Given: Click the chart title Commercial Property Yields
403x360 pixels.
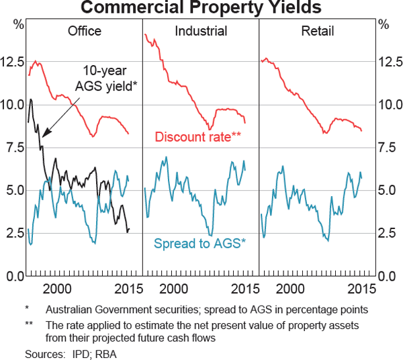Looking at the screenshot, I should [201, 8].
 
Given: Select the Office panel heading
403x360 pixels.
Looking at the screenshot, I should [85, 32].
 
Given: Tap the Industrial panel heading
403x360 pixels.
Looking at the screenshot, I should [201, 32].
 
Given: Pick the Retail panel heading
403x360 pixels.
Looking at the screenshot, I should [318, 32].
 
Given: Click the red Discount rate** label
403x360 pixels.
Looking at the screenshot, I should [198, 136].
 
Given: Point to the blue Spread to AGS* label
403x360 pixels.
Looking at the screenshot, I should [200, 243].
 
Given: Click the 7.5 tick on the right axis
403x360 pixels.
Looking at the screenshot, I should [390, 148].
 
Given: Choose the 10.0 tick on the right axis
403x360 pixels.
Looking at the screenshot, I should [390, 105].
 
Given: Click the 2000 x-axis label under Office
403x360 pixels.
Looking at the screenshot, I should [57, 288].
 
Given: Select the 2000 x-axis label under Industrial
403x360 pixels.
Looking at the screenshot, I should [173, 288].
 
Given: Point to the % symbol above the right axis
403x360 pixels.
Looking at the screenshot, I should [384, 25].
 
